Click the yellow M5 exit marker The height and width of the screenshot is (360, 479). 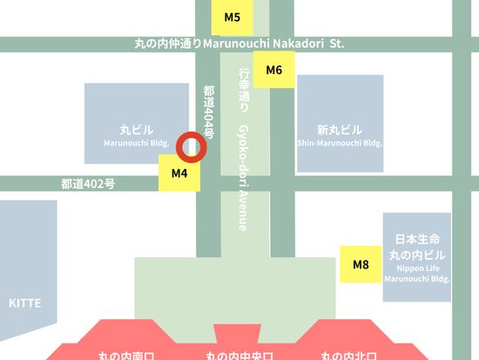click(232, 17)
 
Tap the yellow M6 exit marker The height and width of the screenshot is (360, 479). click(274, 70)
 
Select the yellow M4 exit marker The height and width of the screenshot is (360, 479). click(179, 173)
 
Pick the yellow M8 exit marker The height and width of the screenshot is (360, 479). click(361, 264)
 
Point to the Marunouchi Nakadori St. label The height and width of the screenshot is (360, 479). click(239, 44)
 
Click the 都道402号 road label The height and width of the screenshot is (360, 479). click(87, 184)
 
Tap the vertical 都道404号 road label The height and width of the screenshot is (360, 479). click(209, 113)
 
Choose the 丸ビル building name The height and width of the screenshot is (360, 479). click(136, 130)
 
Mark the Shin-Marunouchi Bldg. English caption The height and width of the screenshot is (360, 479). click(341, 143)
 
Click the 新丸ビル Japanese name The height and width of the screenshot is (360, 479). click(341, 130)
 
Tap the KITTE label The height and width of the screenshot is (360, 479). click(24, 302)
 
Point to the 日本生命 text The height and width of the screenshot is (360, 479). click(417, 239)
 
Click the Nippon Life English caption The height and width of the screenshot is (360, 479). click(417, 269)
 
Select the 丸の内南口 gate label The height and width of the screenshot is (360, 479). click(125, 355)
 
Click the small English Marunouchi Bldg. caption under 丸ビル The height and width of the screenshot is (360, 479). click(136, 143)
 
